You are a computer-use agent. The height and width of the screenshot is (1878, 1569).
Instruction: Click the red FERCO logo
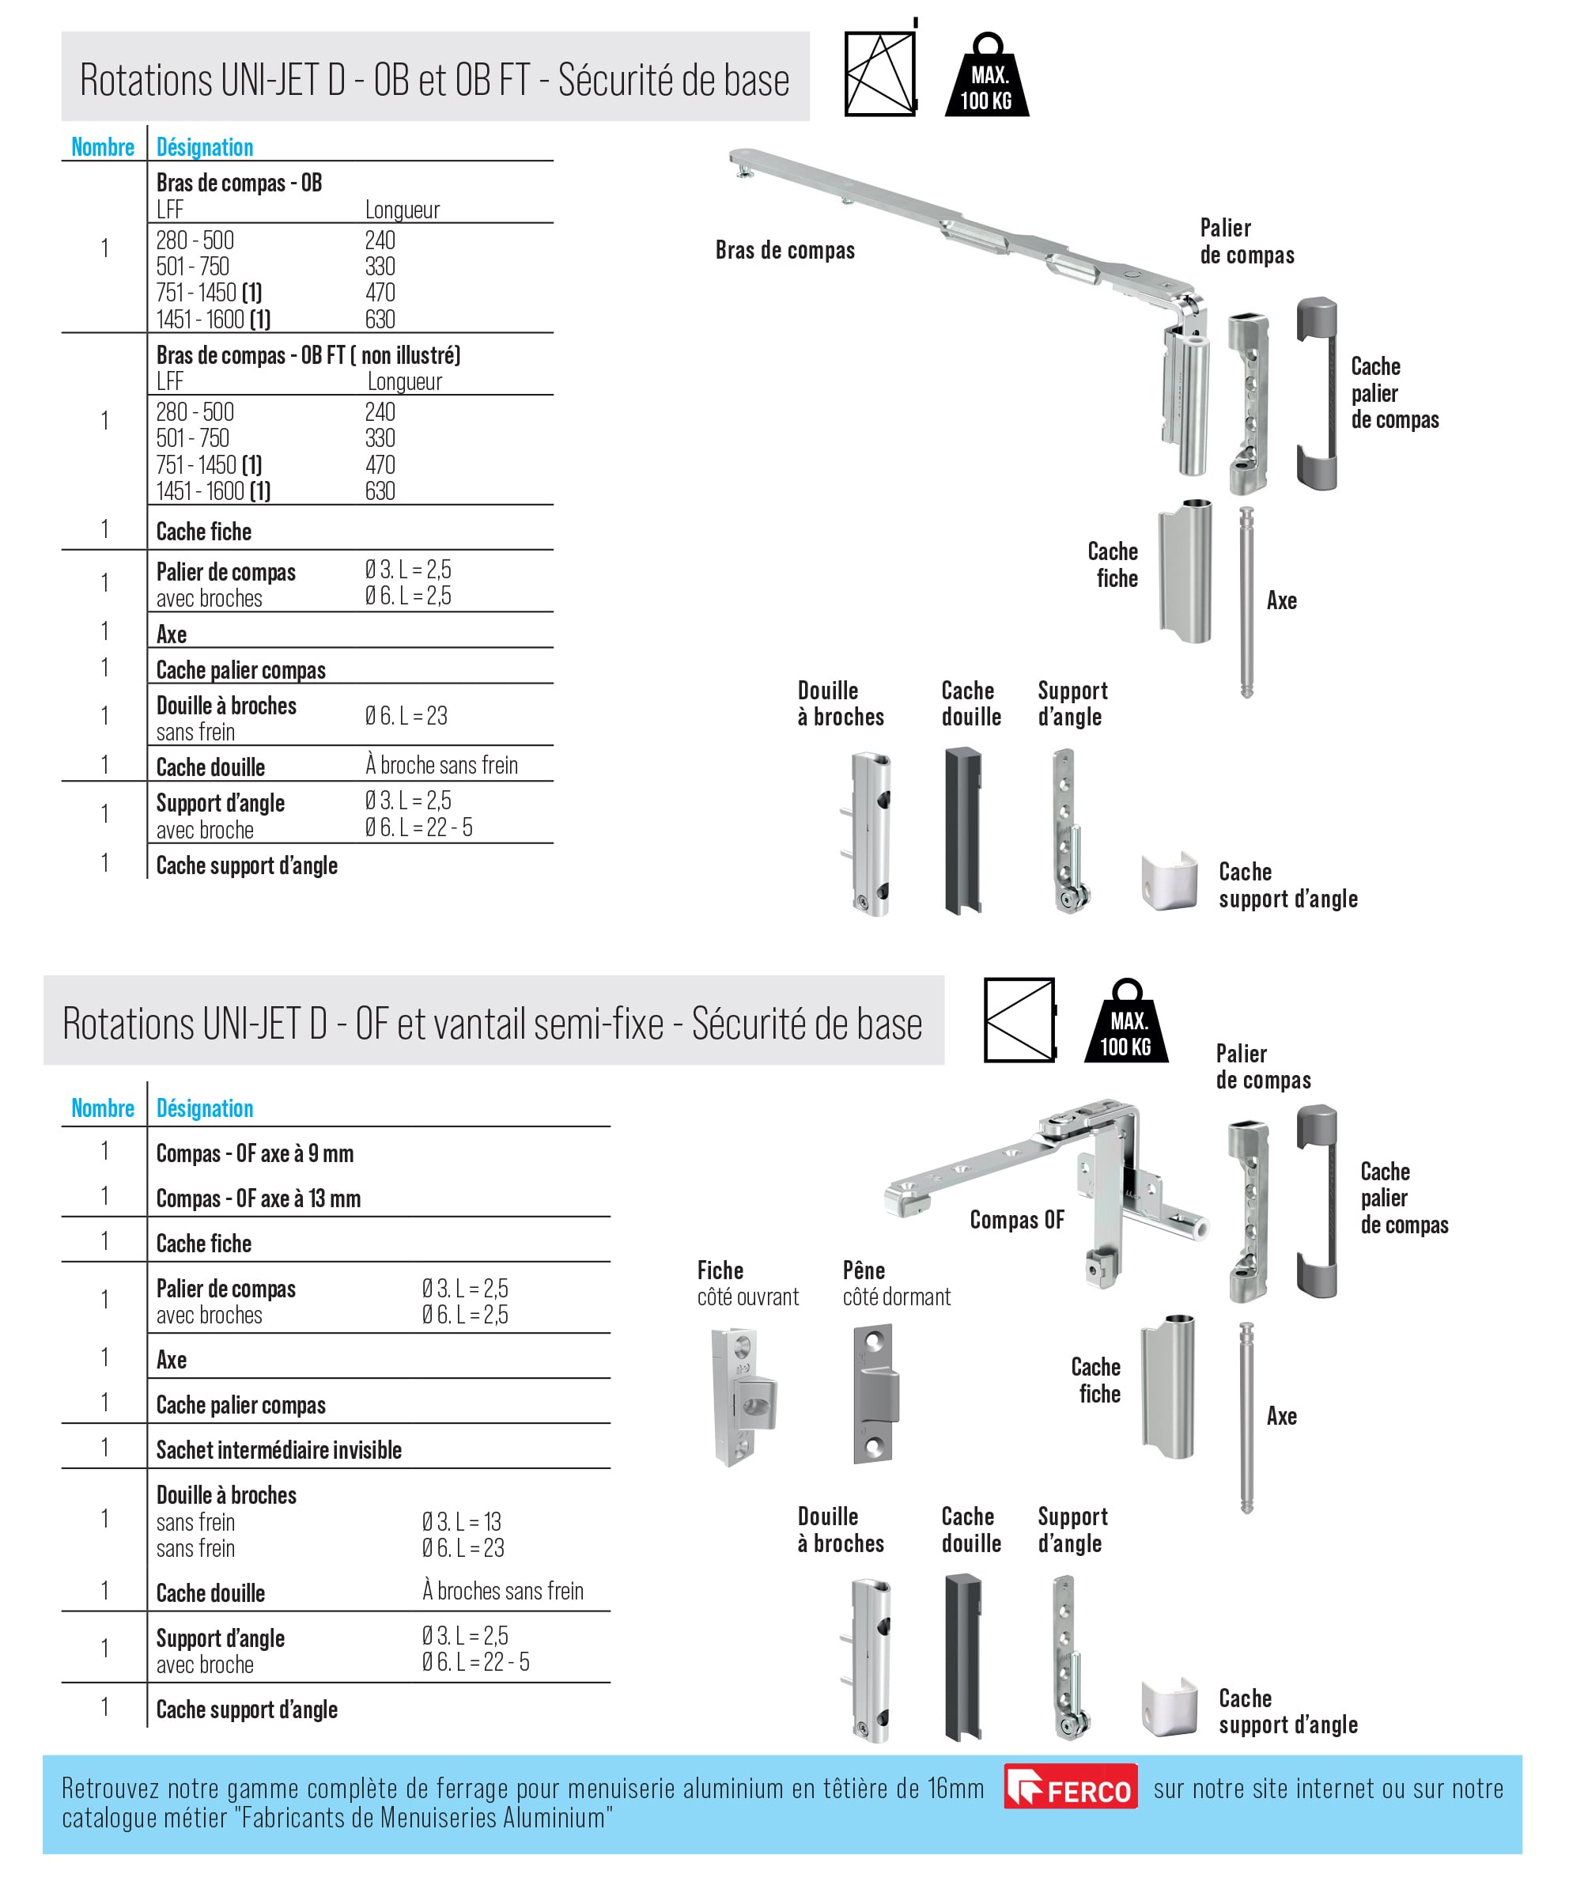tap(1070, 1786)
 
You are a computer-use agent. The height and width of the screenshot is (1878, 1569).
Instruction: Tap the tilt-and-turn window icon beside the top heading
tap(881, 74)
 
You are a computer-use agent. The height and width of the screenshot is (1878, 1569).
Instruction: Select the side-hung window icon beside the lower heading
tap(1019, 1020)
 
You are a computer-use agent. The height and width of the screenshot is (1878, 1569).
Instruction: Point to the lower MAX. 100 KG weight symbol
tap(1125, 1024)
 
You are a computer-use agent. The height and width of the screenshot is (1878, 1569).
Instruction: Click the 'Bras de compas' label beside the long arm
tap(784, 251)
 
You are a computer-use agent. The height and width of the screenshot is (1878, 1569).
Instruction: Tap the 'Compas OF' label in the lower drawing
tap(1016, 1220)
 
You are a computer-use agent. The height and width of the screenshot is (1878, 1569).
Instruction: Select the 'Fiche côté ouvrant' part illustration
tap(743, 1396)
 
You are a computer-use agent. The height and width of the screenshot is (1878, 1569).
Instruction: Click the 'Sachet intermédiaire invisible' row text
tap(279, 1450)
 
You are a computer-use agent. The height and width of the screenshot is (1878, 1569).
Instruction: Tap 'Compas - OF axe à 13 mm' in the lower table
tap(259, 1198)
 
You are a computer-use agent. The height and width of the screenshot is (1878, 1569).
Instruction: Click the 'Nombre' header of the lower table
tap(103, 1108)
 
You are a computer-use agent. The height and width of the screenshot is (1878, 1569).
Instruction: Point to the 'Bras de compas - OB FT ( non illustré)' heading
tap(308, 355)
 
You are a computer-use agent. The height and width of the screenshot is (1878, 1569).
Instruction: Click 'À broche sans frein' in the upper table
tap(441, 766)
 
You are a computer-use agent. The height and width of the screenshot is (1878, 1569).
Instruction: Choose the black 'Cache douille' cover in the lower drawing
tap(963, 1657)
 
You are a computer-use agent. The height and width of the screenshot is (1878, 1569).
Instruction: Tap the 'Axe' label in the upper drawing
tap(1281, 601)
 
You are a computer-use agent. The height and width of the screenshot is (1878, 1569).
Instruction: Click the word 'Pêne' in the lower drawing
tap(864, 1270)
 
